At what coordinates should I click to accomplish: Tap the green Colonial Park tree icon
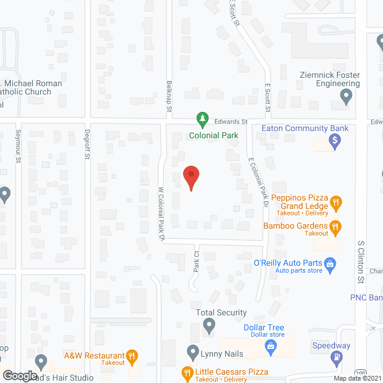(203, 120)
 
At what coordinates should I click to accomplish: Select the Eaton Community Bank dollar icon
(335, 142)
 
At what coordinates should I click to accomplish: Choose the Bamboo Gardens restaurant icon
(336, 226)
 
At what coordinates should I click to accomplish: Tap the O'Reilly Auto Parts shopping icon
(329, 263)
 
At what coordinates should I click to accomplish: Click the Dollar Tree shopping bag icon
(270, 345)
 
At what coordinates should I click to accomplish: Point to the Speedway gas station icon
(335, 358)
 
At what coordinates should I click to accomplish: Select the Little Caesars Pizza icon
(187, 373)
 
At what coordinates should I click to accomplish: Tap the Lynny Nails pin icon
(193, 351)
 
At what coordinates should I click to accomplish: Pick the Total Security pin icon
(209, 326)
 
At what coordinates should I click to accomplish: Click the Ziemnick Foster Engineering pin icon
(345, 95)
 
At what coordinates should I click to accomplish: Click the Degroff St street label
(87, 145)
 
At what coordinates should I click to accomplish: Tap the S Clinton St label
(361, 262)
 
